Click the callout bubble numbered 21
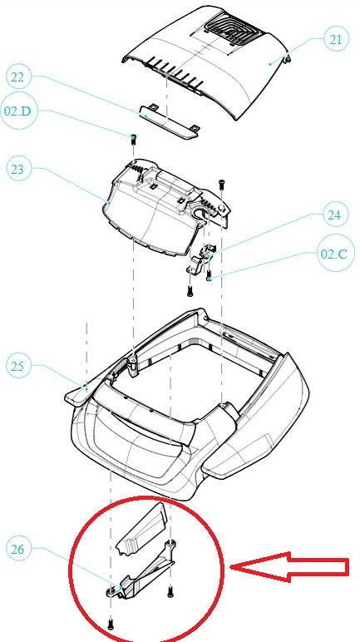(333, 39)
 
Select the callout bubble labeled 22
(18, 78)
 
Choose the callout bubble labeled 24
(333, 215)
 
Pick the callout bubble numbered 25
(18, 364)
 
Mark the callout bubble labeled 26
(18, 549)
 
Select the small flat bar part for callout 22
(169, 123)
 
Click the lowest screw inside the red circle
(110, 623)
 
